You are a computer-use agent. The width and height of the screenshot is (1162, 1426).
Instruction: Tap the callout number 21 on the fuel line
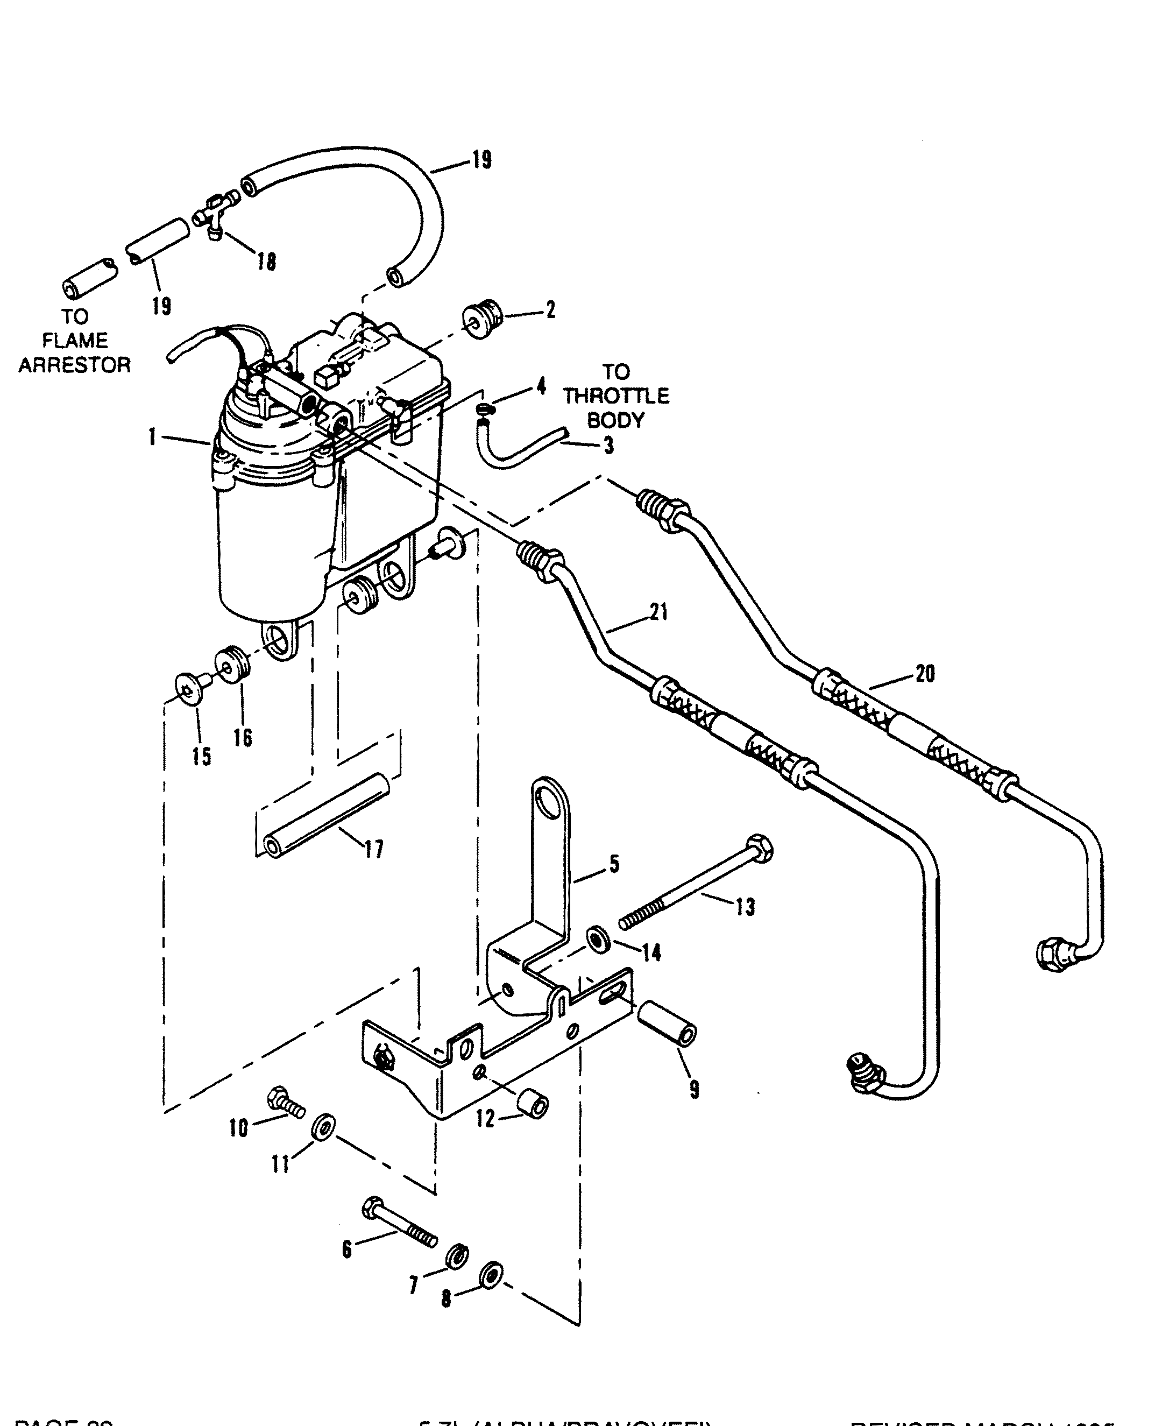658,612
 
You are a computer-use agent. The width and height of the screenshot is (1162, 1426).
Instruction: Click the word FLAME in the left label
74,341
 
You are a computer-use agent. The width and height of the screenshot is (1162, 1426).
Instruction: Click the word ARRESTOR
74,365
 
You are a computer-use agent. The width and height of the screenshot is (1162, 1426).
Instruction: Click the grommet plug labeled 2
483,321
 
